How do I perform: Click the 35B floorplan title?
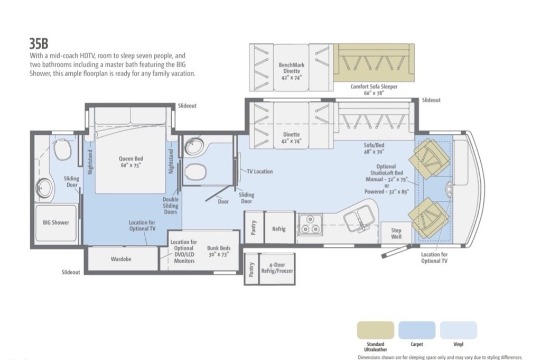(39, 43)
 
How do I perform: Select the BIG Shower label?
(56, 223)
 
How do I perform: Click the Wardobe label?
(121, 259)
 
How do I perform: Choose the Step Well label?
(396, 233)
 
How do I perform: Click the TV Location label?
(259, 171)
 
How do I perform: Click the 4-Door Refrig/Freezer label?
(277, 268)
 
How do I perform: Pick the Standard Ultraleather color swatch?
(376, 330)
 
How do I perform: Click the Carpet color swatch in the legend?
(417, 330)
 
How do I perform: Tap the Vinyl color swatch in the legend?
(458, 330)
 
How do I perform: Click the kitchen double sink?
(359, 218)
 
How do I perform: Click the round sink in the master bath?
(44, 188)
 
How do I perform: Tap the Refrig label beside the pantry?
(279, 229)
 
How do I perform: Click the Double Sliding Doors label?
(171, 205)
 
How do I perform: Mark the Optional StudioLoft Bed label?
(386, 179)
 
